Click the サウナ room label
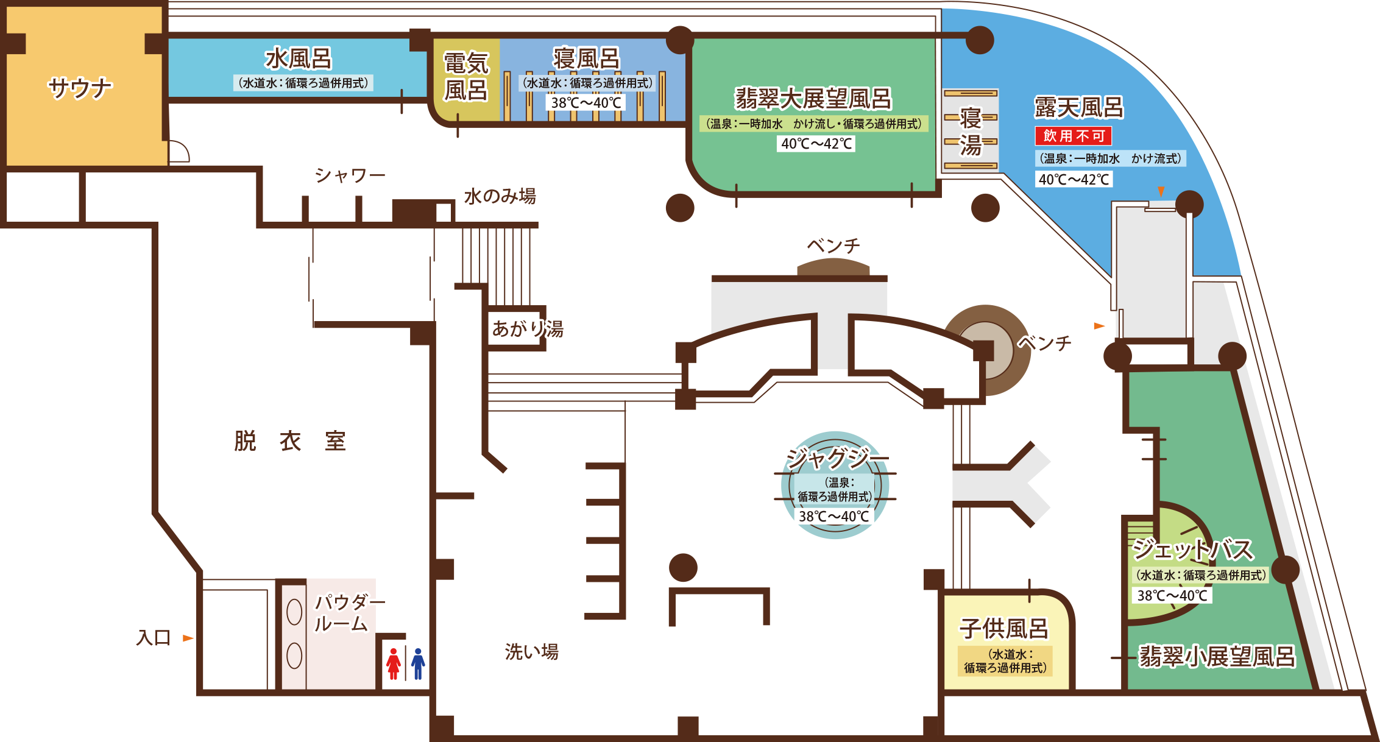point(80,88)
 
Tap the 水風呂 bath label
point(299,59)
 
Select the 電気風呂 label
point(466,77)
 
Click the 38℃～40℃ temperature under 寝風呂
point(586,102)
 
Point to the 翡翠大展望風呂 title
point(813,99)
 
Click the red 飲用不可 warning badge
point(1074,135)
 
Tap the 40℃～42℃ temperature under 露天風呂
point(1074,179)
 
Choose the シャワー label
point(350,175)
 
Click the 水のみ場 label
point(500,196)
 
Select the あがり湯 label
point(528,329)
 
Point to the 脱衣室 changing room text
point(290,441)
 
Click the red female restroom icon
point(394,664)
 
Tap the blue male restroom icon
point(418,664)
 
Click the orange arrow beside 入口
point(188,638)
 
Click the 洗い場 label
point(532,652)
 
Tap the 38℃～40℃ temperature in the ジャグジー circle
point(834,517)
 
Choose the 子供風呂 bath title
point(1004,629)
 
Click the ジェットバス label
point(1193,549)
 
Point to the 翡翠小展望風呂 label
point(1217,657)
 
